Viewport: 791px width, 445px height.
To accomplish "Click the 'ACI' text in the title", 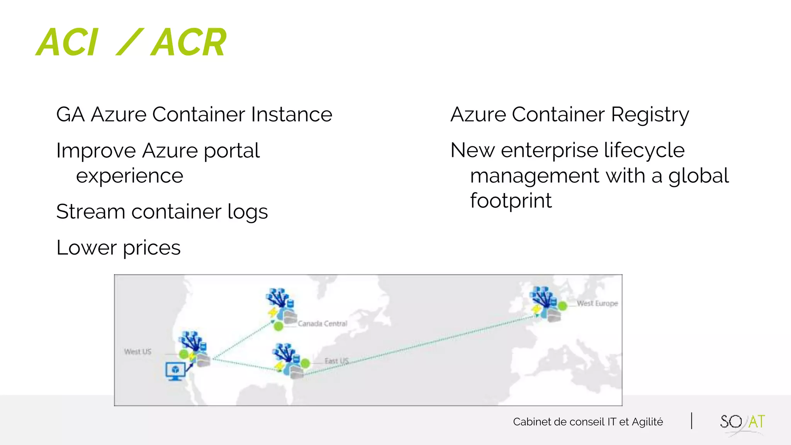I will click(68, 42).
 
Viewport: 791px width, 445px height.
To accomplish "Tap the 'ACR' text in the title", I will click(188, 42).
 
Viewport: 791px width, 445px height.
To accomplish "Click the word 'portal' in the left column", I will click(232, 151).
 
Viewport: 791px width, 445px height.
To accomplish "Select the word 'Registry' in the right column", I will click(650, 115).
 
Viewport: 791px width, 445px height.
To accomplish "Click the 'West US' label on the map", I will click(138, 352).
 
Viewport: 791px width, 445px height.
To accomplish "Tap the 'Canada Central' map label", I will click(323, 324).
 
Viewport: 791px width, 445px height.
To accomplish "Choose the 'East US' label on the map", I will click(336, 361).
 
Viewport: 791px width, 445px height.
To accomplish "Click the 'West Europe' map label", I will click(597, 303).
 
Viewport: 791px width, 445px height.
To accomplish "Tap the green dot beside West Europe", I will click(563, 306).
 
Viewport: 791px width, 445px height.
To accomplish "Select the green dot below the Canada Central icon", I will click(278, 326).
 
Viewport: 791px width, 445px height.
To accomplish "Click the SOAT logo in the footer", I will click(742, 422).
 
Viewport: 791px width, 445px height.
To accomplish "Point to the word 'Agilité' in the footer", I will click(647, 422).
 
